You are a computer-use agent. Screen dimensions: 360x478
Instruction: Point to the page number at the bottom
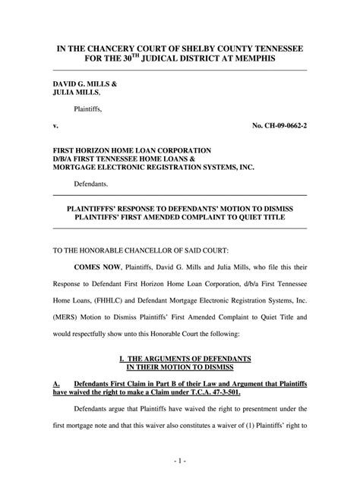pos(180,461)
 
